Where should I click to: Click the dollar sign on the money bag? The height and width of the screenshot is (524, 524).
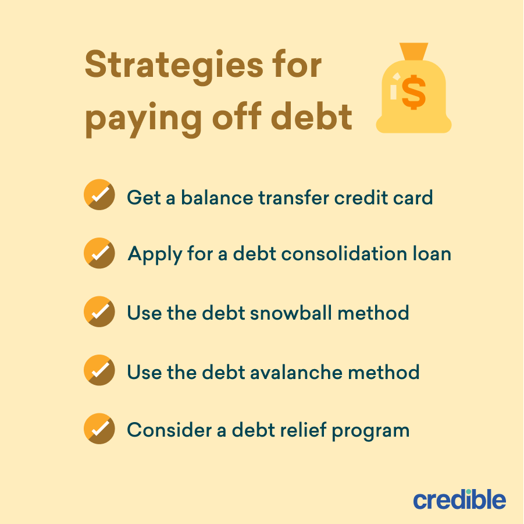(x=414, y=93)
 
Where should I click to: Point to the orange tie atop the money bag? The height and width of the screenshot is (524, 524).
(x=414, y=51)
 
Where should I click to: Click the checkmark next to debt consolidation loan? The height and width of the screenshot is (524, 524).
(x=99, y=253)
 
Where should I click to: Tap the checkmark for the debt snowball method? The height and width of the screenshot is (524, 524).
(x=99, y=312)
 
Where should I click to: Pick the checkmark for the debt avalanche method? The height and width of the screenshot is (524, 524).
(x=99, y=370)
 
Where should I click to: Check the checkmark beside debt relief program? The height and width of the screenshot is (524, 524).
(x=99, y=429)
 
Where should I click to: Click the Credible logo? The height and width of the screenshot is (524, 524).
(x=459, y=500)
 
